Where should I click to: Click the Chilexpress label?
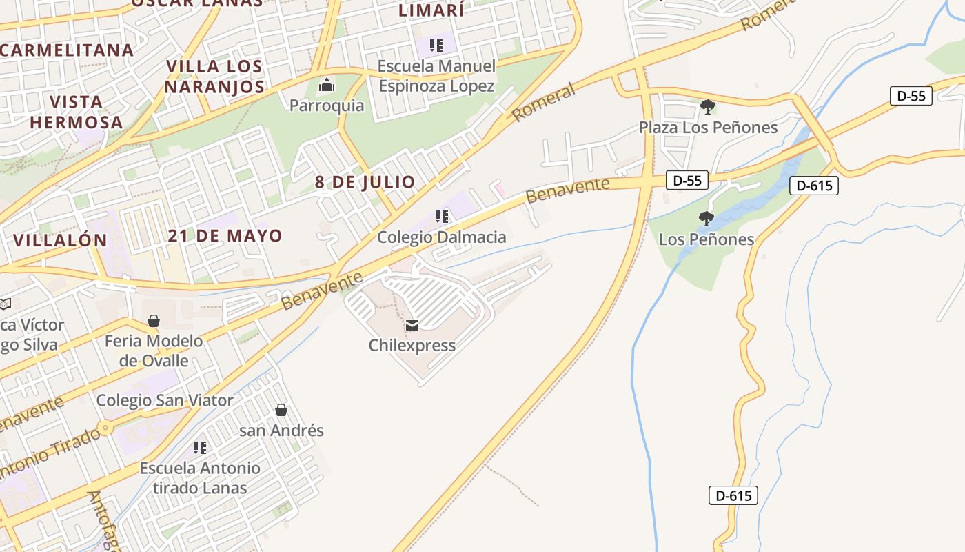click(412, 345)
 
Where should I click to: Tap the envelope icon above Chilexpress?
click(412, 326)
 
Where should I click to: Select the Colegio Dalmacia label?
click(441, 237)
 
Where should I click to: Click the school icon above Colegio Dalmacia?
click(442, 217)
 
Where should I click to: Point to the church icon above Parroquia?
click(326, 86)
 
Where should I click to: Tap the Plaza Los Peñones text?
click(708, 128)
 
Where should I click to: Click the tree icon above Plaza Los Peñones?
click(707, 107)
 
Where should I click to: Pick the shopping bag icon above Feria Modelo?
click(154, 321)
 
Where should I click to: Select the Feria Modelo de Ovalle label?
click(154, 351)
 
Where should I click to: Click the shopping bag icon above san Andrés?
click(281, 410)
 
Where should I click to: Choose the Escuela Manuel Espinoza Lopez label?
click(437, 76)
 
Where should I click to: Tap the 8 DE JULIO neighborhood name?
click(365, 182)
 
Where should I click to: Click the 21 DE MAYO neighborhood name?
click(225, 235)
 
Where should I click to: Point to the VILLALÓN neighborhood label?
click(61, 240)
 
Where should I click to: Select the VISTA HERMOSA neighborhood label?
click(76, 112)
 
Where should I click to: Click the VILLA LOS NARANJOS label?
click(214, 77)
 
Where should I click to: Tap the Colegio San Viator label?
click(165, 400)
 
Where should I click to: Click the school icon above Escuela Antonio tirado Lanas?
click(200, 448)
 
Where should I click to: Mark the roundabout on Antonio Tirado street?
click(105, 428)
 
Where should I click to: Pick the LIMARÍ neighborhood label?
click(431, 10)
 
